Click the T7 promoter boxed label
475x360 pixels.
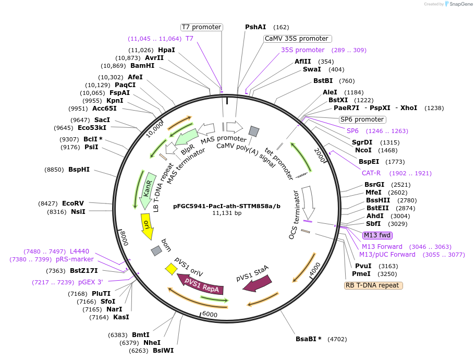pyautogui.click(x=201, y=27)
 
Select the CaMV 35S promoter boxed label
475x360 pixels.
pyautogui.click(x=297, y=39)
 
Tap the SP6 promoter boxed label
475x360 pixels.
pyautogui.click(x=361, y=119)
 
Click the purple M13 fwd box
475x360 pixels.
pyautogui.click(x=377, y=235)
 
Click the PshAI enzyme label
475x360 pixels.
pyautogui.click(x=255, y=27)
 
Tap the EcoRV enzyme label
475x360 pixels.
pyautogui.click(x=73, y=203)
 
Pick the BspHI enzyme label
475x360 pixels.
pyautogui.click(x=79, y=170)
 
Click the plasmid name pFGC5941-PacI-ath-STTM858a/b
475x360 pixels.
pyautogui.click(x=227, y=206)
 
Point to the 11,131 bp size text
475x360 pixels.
pyautogui.click(x=227, y=213)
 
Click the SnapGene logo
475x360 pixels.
pyautogui.click(x=456, y=4)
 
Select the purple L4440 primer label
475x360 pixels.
pyautogui.click(x=80, y=251)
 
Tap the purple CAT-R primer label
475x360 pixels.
pyautogui.click(x=372, y=173)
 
